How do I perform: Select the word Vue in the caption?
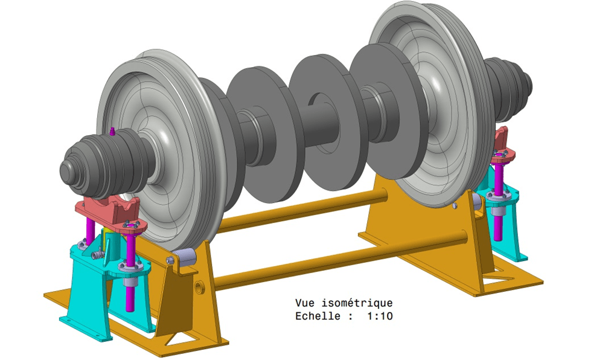[305, 303]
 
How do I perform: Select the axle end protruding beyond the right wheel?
[510, 82]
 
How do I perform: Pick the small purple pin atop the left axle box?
[113, 130]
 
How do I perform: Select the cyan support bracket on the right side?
[507, 223]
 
